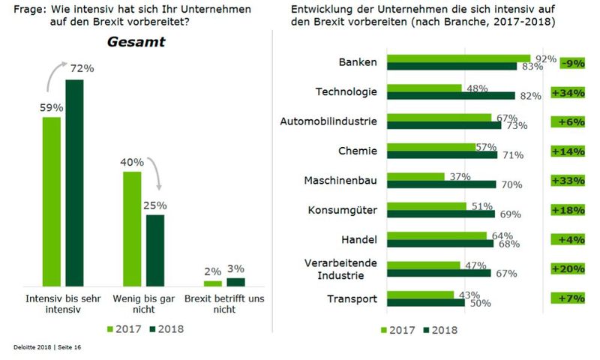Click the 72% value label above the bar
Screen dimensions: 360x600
click(x=82, y=69)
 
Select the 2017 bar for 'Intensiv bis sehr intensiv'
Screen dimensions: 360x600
click(x=51, y=202)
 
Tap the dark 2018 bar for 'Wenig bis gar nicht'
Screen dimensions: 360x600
click(x=154, y=250)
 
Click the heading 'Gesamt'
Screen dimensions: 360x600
click(x=136, y=42)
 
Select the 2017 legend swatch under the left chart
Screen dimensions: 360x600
click(x=112, y=328)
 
